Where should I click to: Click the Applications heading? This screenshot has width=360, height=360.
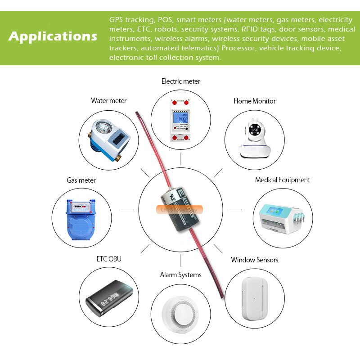tap(53, 36)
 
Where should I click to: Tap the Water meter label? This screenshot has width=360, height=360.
tap(108, 101)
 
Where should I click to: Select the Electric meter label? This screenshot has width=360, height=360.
tap(180, 81)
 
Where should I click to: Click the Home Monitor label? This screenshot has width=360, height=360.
tap(254, 101)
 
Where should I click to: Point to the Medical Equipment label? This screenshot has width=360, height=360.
tap(282, 180)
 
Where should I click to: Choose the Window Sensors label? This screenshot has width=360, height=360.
tap(254, 260)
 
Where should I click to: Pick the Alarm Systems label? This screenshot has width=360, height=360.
tap(180, 275)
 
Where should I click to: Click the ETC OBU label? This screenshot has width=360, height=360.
tap(108, 259)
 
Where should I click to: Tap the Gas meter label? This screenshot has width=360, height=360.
tap(81, 180)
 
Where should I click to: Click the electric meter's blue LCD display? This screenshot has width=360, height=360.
tap(182, 120)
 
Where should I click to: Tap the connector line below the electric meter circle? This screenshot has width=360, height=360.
tap(180, 158)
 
